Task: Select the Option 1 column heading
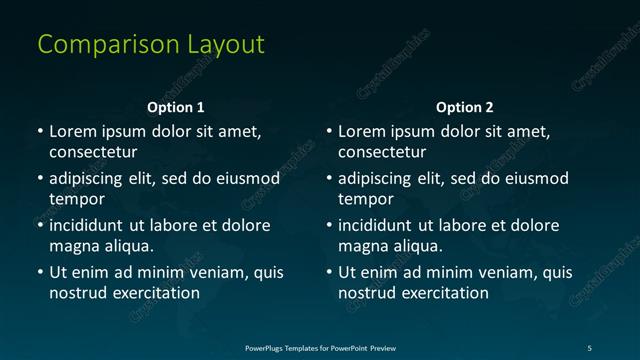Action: [176, 107]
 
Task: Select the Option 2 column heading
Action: [465, 107]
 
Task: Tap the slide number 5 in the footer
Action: [589, 347]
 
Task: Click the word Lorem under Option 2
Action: [362, 131]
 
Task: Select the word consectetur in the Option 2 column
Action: [382, 152]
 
